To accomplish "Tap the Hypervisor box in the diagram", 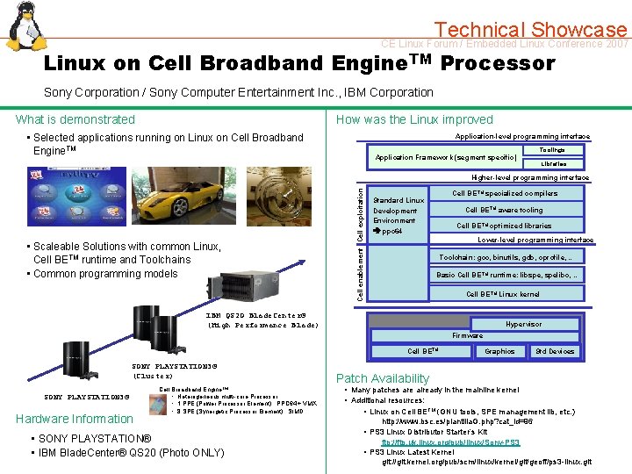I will pyautogui.click(x=523, y=324).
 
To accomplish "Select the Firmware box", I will pyautogui.click(x=467, y=335).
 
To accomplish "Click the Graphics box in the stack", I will pyautogui.click(x=499, y=351).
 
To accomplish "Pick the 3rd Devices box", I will pyautogui.click(x=555, y=351).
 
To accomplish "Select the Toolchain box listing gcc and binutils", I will pyautogui.click(x=510, y=257).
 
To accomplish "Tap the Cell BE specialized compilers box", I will pyautogui.click(x=504, y=193).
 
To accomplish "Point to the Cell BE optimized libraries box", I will pyautogui.click(x=504, y=226).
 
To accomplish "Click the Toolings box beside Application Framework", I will pyautogui.click(x=552, y=151).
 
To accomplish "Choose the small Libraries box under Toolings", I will pyautogui.click(x=553, y=163).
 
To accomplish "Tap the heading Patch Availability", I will pyautogui.click(x=382, y=378).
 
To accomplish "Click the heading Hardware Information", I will pyautogui.click(x=74, y=419).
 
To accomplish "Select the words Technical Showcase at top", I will pyautogui.click(x=531, y=30).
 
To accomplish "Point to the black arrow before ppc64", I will pyautogui.click(x=377, y=231).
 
